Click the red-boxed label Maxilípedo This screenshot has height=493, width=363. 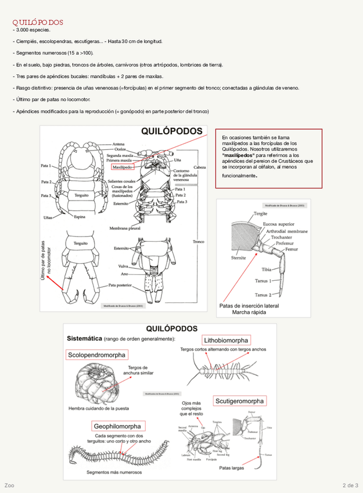click(x=122, y=166)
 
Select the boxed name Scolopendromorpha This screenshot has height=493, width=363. click(x=96, y=354)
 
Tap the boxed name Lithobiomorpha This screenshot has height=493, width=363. click(x=226, y=340)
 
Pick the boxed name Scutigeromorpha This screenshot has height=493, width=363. click(x=240, y=401)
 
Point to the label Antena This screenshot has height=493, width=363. click(x=118, y=144)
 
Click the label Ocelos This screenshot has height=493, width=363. click(x=119, y=149)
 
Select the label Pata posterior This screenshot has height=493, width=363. click(x=121, y=285)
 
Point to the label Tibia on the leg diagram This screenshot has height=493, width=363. click(x=267, y=269)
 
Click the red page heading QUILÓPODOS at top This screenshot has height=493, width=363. click(x=38, y=22)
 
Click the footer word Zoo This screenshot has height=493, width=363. click(x=9, y=485)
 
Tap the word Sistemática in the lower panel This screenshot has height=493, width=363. click(x=87, y=338)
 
